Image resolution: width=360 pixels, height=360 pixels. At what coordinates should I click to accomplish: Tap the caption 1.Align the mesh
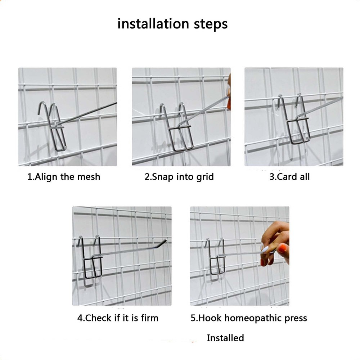[64, 177]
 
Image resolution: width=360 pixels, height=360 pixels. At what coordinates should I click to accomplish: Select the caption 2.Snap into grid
[179, 177]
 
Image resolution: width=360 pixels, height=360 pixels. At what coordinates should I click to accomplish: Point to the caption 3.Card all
[289, 177]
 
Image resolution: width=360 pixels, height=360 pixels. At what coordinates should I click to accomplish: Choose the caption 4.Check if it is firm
[118, 318]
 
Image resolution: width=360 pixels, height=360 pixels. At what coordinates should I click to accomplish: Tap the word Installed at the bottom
[225, 338]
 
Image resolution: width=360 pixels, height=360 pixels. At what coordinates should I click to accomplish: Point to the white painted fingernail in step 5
[265, 248]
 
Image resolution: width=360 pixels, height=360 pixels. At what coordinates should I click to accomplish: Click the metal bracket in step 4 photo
[92, 259]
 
